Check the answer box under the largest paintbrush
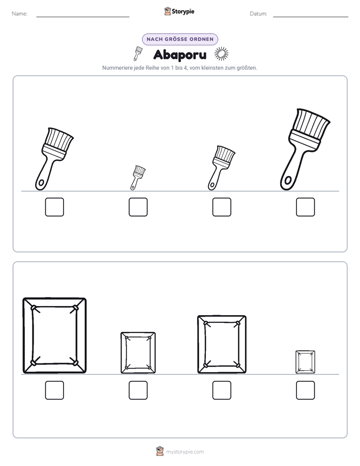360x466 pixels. tap(306, 207)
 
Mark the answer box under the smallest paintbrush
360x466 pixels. tap(138, 207)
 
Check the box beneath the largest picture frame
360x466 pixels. tap(54, 390)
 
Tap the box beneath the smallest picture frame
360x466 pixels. tap(306, 390)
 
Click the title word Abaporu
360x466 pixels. tap(179, 54)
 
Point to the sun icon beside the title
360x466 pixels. tap(221, 54)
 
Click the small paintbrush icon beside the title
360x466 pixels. tap(137, 53)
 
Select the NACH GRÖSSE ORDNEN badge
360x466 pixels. tap(180, 39)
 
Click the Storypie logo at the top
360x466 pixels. tap(179, 11)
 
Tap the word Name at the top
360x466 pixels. tap(20, 14)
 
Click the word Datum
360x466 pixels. tap(259, 14)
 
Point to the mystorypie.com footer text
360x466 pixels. tap(185, 452)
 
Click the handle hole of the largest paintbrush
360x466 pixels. tap(287, 181)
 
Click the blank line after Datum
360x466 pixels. tap(311, 17)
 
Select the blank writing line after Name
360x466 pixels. tap(83, 17)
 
